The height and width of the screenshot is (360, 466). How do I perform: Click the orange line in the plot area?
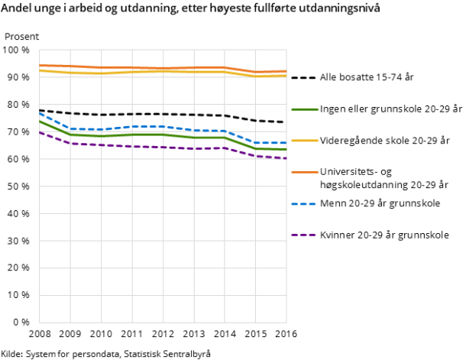tap(163, 68)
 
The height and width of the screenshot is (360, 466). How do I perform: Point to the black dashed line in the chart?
tap(163, 114)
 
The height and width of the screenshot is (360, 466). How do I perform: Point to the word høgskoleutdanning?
tap(362, 184)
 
